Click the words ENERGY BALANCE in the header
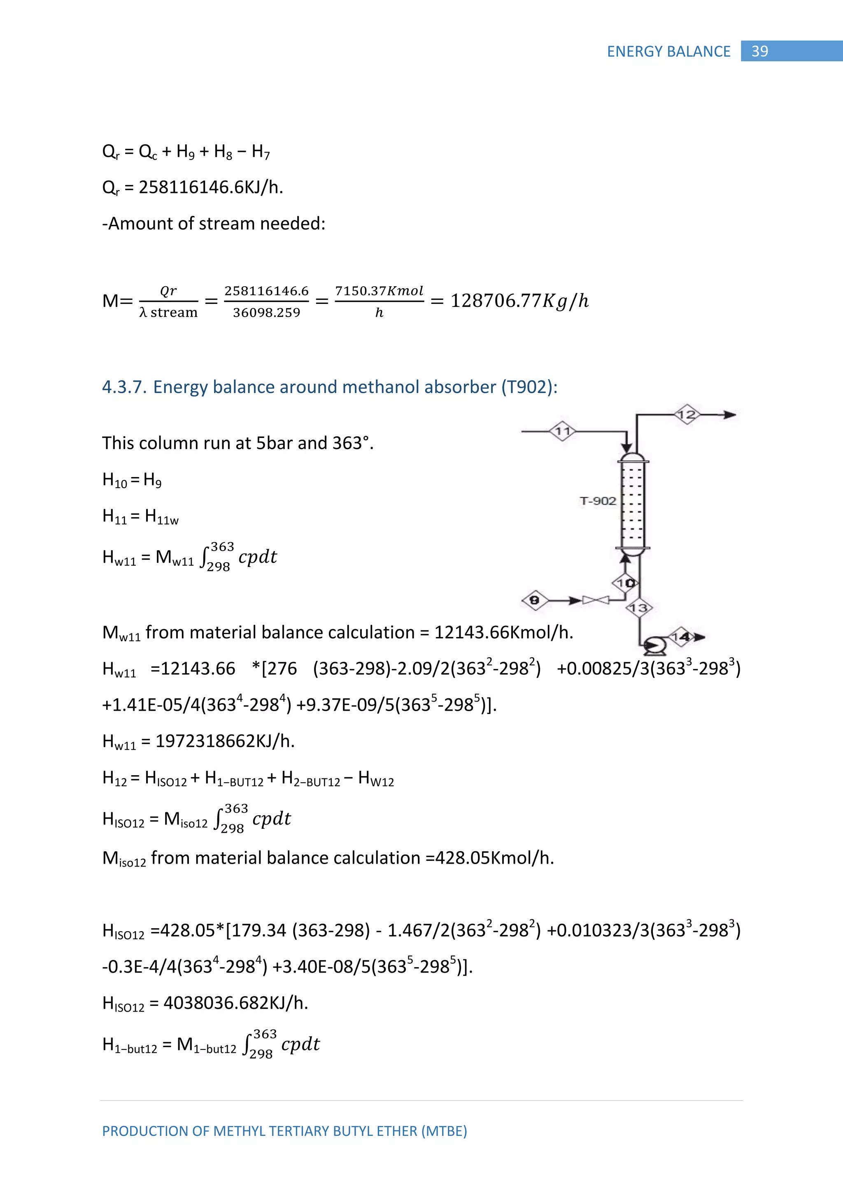[668, 51]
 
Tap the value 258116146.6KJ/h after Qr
[211, 187]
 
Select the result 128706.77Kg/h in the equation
[519, 301]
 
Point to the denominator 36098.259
[266, 312]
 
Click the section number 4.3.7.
[123, 387]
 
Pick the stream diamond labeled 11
[563, 431]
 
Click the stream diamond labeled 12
[687, 415]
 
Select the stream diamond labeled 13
[638, 608]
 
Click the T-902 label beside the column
[598, 500]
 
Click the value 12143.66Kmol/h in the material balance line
[503, 633]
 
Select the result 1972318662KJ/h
[225, 741]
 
